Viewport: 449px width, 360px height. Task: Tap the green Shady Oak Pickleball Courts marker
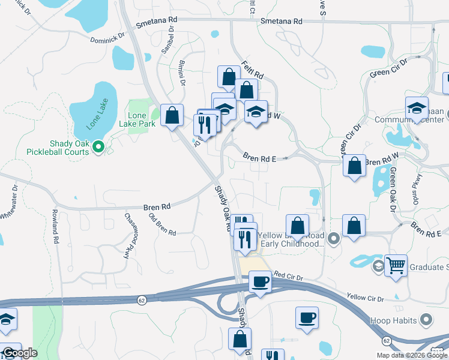point(100,145)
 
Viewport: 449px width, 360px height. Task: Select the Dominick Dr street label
point(107,38)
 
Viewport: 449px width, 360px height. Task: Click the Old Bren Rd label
point(162,224)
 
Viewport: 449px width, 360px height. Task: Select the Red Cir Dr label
point(289,275)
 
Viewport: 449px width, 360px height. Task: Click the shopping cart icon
point(396,265)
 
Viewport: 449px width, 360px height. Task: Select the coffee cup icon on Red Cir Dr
point(260,281)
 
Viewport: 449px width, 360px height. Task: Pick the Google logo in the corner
point(19,353)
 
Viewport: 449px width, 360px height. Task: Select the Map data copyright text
point(412,355)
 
